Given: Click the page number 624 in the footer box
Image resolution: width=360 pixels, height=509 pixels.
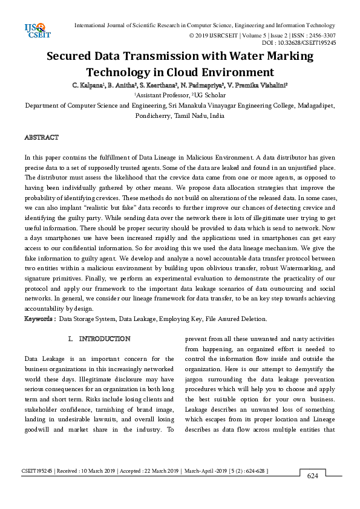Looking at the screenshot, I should tap(312, 476).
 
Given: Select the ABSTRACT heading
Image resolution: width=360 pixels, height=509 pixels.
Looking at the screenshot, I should tap(41, 138).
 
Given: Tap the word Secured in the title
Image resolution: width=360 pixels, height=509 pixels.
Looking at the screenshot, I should tap(76, 57).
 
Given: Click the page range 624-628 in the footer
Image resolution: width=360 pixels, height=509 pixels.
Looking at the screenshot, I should tap(254, 470).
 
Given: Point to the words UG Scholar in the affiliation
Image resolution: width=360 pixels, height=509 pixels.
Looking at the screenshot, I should tap(210, 95).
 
